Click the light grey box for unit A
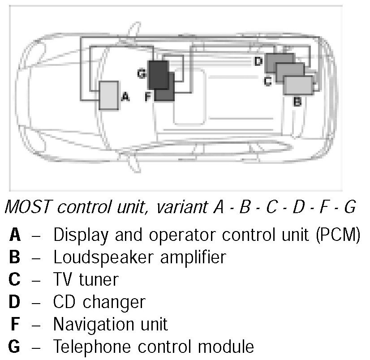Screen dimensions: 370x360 tap(108, 95)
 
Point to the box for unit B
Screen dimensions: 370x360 tap(298, 85)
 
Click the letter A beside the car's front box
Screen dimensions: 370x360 tap(125, 96)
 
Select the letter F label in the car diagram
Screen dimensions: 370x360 tap(149, 96)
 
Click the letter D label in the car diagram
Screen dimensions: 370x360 tap(258, 61)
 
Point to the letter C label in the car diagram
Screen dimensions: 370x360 tap(267, 81)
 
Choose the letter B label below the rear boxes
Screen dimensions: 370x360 tap(297, 102)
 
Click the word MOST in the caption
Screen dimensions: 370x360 tap(27, 207)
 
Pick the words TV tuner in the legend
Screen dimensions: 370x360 tap(86, 279)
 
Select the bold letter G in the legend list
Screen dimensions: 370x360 tap(14, 346)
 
